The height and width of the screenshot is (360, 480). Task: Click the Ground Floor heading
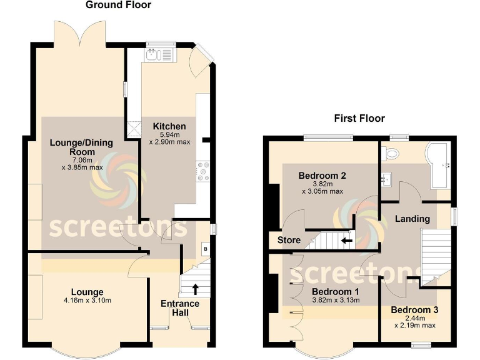pos(118,6)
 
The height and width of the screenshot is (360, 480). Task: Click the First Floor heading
pos(359,118)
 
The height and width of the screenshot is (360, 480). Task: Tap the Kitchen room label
pos(169,126)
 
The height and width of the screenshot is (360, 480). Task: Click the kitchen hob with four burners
pos(203,172)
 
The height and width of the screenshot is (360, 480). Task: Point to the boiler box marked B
pos(204,249)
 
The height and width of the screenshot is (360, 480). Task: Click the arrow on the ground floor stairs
pos(195,289)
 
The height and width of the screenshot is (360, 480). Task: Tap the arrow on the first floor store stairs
pos(346,239)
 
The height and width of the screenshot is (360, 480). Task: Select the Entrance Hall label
pos(180,308)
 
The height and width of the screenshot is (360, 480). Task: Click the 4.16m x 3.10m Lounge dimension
pos(87,301)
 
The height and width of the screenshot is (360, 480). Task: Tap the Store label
pos(289,240)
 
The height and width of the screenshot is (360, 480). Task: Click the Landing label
pos(412,219)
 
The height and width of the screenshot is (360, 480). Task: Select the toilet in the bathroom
pos(392,153)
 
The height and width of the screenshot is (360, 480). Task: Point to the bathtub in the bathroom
pos(439,166)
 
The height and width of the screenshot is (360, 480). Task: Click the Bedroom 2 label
pos(322,176)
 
